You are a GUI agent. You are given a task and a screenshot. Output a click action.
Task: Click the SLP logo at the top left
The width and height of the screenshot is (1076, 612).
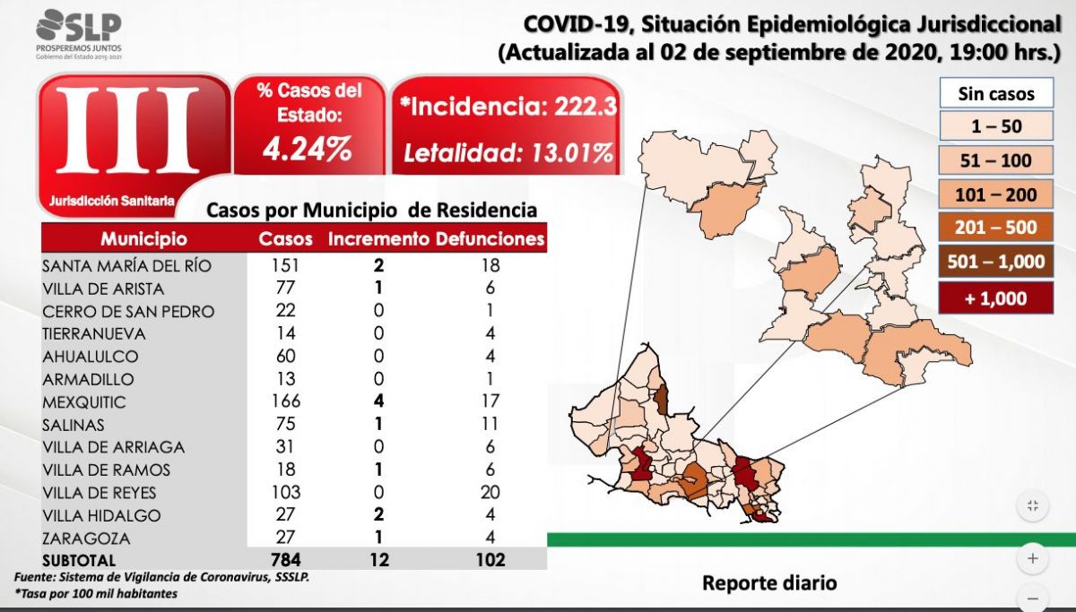click(79, 32)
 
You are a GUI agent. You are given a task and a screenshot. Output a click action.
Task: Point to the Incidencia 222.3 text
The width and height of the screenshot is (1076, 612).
click(508, 107)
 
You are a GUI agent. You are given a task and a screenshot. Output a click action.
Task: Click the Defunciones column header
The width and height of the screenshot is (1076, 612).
click(490, 239)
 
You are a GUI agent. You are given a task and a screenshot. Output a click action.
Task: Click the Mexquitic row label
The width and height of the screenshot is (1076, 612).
click(84, 402)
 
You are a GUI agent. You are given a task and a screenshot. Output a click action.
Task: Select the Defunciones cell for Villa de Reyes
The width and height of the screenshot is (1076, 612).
click(490, 493)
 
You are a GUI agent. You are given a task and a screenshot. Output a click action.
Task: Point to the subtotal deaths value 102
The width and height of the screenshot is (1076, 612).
click(490, 560)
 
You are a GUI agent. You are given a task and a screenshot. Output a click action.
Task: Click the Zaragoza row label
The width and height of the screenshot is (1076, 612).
click(85, 539)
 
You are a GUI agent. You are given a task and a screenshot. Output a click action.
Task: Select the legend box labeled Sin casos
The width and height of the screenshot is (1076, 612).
click(996, 93)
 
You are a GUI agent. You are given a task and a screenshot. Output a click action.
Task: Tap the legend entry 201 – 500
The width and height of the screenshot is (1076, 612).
click(995, 228)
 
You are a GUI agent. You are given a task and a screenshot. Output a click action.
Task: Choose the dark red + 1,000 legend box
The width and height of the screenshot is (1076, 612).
click(995, 298)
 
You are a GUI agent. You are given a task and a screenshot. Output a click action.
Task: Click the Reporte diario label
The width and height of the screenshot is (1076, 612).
click(769, 582)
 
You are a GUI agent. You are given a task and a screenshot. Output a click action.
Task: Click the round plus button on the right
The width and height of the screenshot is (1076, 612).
click(1033, 558)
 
